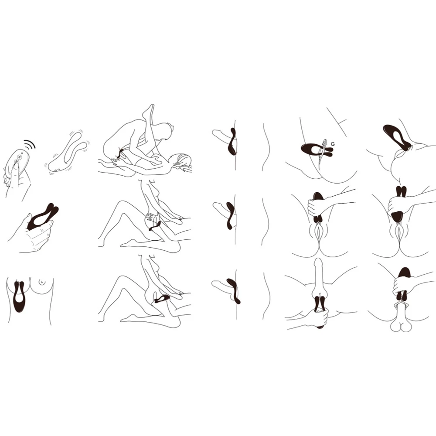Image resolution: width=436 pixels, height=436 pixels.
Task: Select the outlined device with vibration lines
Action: tap(68, 152)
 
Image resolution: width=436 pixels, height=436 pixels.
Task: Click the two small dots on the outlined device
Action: tap(57, 170)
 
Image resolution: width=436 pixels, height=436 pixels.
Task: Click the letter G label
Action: tap(333, 144)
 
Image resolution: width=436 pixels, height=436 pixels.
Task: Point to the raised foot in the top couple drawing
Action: tap(148, 111)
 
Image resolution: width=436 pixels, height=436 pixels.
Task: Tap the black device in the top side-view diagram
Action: tap(232, 141)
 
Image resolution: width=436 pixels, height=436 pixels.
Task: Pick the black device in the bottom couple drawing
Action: tap(162, 299)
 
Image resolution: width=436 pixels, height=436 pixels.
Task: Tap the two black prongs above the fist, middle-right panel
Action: tap(401, 191)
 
